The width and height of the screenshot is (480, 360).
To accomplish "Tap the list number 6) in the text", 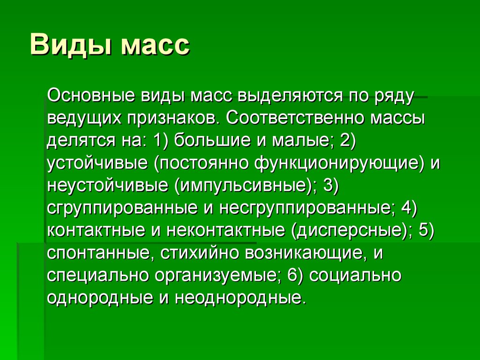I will [x=296, y=276].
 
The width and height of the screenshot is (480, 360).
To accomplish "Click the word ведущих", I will [x=82, y=118].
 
